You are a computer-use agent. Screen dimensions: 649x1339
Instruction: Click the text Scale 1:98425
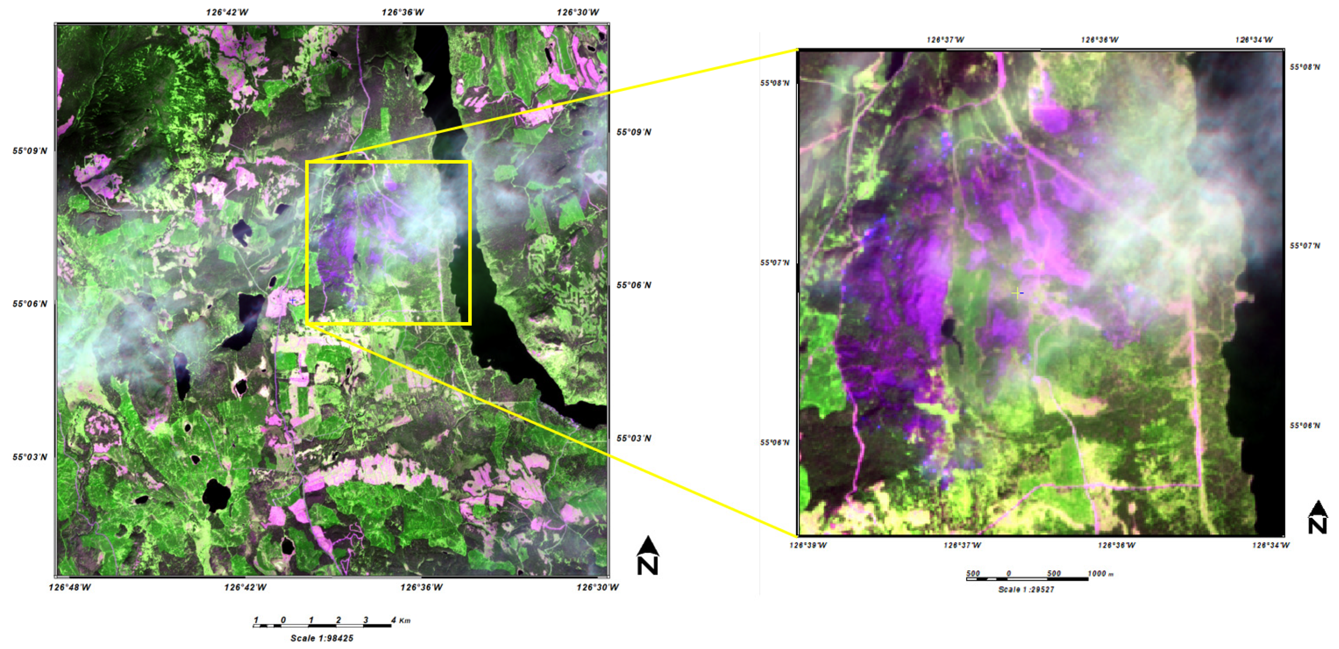coord(322,638)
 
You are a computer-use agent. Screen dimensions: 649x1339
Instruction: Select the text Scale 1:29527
coord(1026,589)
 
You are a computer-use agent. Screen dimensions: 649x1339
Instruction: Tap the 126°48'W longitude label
coord(70,587)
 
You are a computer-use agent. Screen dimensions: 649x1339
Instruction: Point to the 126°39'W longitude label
coord(808,545)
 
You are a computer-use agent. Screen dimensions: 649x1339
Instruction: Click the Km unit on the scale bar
coord(405,620)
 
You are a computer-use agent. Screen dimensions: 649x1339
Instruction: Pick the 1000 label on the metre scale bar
coord(1097,573)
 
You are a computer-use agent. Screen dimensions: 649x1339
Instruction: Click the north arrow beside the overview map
coord(648,555)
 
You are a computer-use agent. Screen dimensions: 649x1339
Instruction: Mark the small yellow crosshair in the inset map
coord(1018,293)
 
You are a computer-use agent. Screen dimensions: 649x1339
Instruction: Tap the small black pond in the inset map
coord(948,328)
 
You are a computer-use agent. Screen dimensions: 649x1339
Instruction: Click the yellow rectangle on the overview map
coord(388,163)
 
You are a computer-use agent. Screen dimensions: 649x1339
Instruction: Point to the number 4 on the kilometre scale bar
coord(393,620)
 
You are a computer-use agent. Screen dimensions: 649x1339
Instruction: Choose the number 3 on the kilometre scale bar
coord(366,620)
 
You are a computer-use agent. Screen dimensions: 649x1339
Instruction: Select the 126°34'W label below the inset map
coord(1271,545)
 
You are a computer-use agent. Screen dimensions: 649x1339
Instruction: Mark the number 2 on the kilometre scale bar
coord(339,620)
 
